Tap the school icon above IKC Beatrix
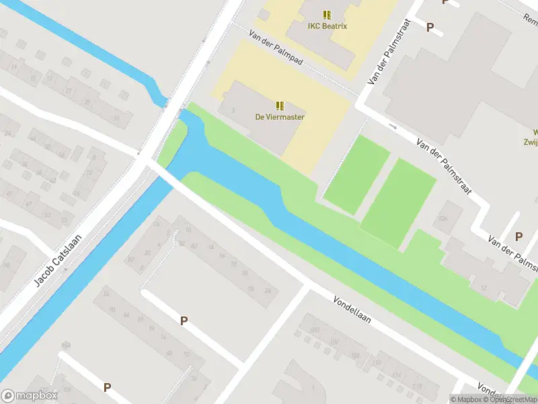click(x=327, y=15)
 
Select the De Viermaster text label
click(x=280, y=116)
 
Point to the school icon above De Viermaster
click(x=280, y=105)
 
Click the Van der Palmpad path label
click(x=276, y=47)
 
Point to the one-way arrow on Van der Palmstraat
click(x=393, y=125)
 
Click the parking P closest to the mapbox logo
click(x=107, y=387)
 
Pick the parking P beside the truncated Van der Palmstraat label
click(x=518, y=236)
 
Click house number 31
click(x=116, y=119)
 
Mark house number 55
click(x=65, y=220)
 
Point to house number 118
click(x=417, y=386)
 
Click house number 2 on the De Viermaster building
click(x=233, y=110)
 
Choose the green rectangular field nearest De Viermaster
click(x=357, y=174)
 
